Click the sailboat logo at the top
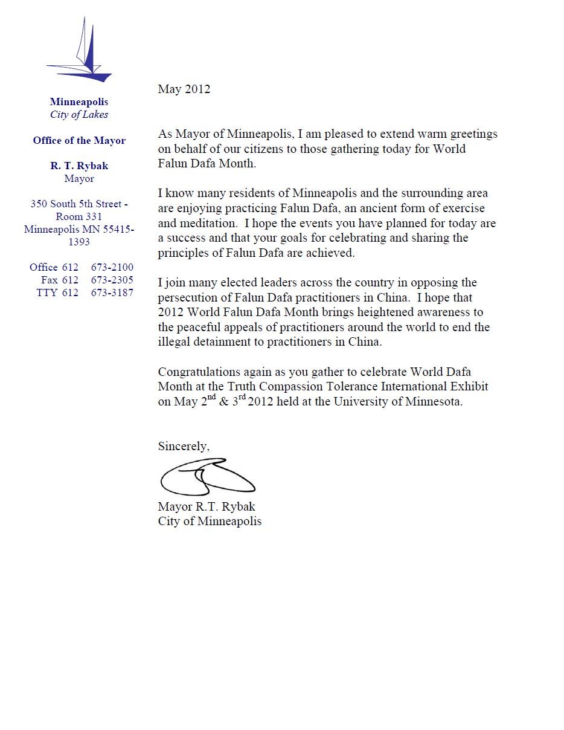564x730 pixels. [x=81, y=51]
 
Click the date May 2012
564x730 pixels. [x=184, y=89]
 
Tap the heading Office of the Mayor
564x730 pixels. [x=79, y=141]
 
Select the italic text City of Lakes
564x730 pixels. [x=79, y=114]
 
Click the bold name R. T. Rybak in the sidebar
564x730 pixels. [x=79, y=166]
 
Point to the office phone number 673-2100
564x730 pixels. [x=112, y=267]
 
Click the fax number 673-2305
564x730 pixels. [x=112, y=280]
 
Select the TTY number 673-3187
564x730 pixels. [x=112, y=292]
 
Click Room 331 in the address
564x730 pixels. [x=79, y=216]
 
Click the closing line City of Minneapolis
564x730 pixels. [x=210, y=522]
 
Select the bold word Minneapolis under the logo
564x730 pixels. [x=79, y=102]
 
